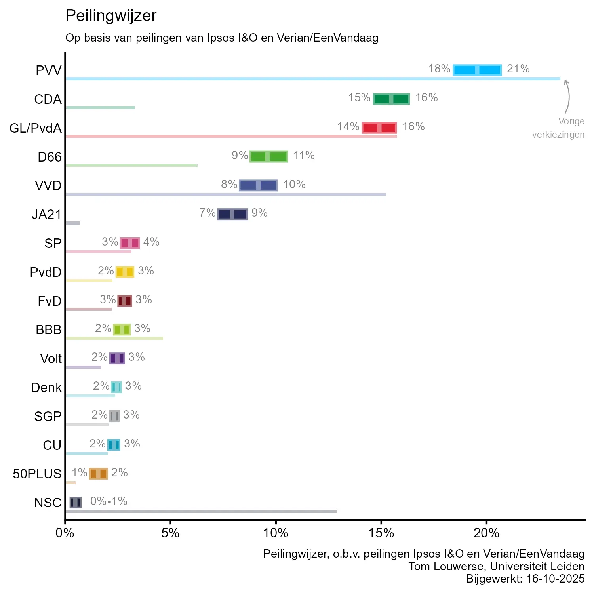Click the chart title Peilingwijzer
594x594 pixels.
point(111,16)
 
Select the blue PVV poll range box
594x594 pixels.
point(477,70)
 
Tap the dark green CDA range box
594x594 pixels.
point(391,99)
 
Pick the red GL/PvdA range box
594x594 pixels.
point(379,128)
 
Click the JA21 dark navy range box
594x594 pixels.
point(232,214)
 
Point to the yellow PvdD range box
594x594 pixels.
point(125,272)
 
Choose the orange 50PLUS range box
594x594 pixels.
point(98,473)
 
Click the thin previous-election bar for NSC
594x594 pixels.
point(201,511)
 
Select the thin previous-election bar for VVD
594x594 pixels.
point(226,194)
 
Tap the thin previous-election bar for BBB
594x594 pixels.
point(114,338)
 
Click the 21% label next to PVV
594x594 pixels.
point(518,69)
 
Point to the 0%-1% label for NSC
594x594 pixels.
point(109,501)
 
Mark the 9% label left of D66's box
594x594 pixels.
point(240,156)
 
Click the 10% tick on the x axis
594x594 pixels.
point(276,533)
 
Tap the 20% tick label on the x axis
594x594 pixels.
point(486,533)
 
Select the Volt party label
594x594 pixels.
point(51,359)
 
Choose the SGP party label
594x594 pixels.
point(48,417)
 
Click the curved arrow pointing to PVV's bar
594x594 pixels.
point(568,97)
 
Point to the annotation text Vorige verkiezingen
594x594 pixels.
point(558,128)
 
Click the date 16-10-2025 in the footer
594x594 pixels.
point(555,579)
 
